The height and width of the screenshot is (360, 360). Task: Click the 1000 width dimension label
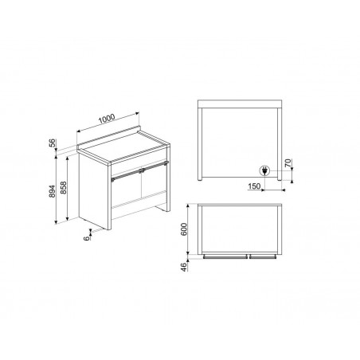(107, 119)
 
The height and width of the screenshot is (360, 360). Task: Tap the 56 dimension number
(53, 143)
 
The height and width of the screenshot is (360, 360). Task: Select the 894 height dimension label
(52, 191)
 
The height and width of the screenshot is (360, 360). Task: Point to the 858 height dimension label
(64, 188)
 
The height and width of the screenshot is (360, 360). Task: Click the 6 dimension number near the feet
(87, 238)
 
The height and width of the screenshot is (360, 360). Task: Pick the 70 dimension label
(288, 162)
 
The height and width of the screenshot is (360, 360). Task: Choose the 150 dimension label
(254, 186)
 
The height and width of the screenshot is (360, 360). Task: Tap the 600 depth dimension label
(184, 229)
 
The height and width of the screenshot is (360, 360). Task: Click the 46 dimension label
(184, 266)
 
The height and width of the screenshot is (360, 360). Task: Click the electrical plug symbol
(264, 170)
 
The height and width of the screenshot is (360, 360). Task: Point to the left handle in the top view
(225, 256)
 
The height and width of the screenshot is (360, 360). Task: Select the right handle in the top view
(263, 256)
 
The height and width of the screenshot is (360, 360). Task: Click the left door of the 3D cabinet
(126, 191)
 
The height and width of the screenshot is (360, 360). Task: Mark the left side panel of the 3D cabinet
(95, 191)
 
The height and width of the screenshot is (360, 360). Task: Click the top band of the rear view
(240, 104)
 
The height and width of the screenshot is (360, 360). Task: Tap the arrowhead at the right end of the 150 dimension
(284, 190)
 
